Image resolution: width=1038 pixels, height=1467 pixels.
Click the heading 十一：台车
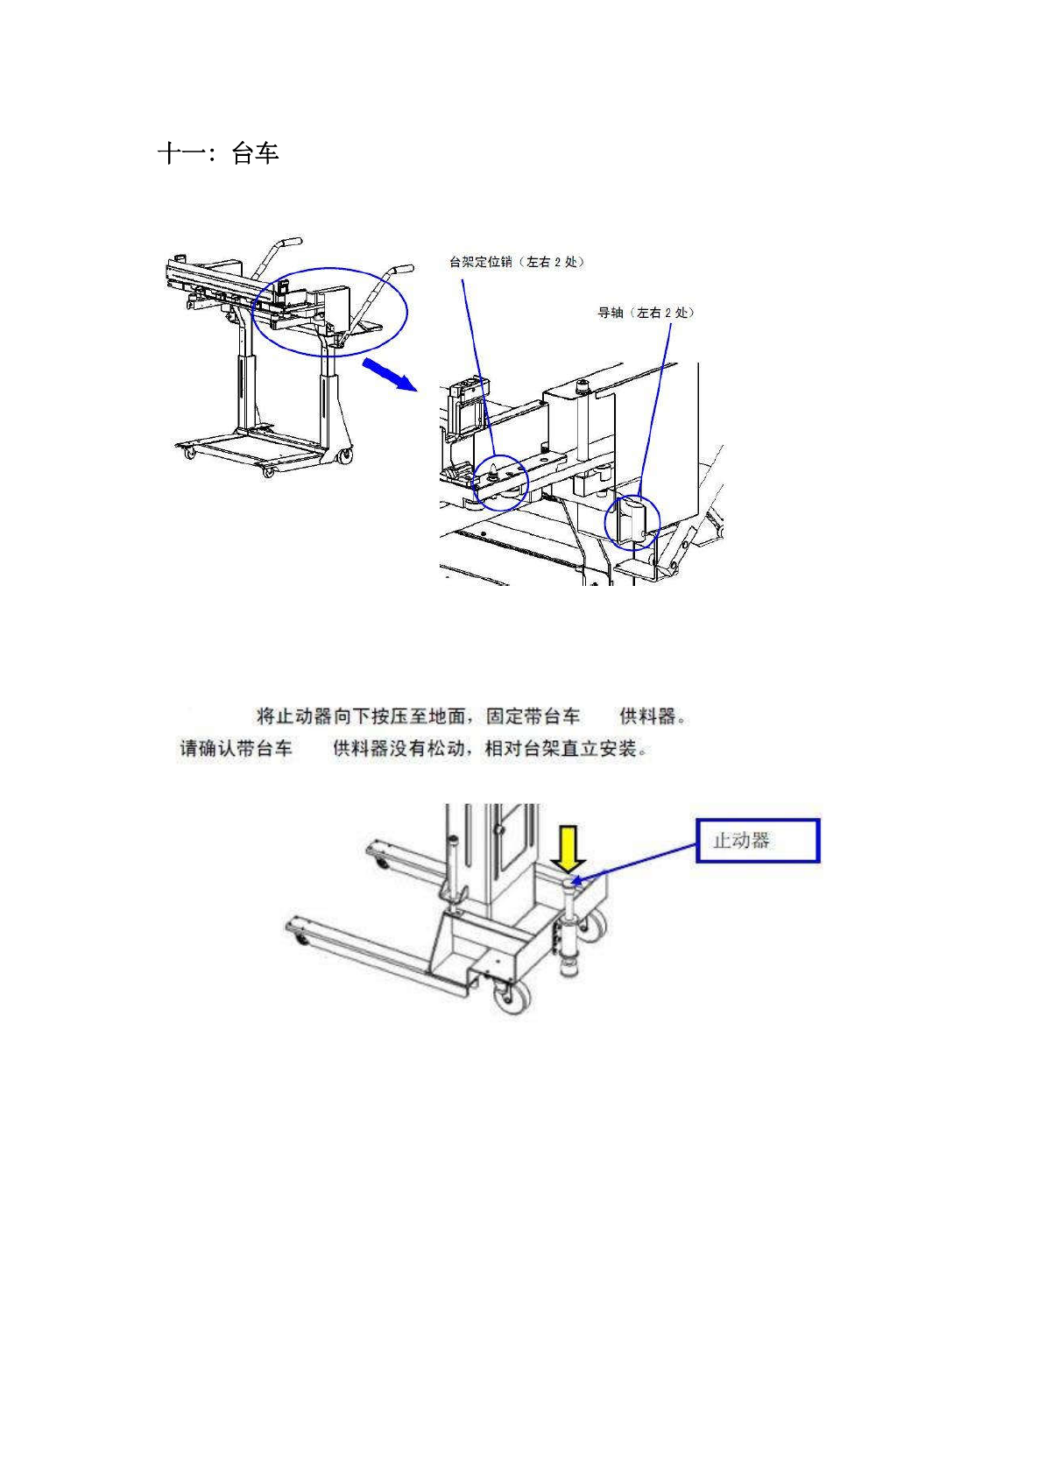(218, 154)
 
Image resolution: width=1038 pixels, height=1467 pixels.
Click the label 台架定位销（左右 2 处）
(516, 262)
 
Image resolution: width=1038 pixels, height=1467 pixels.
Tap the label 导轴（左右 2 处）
(646, 313)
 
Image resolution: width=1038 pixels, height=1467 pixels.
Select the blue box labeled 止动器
(757, 841)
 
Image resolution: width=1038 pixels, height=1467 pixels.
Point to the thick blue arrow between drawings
(387, 374)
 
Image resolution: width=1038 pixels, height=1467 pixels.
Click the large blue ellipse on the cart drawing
(330, 312)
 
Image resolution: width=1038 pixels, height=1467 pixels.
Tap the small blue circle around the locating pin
(499, 482)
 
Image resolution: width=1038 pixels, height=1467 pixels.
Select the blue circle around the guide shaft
(632, 521)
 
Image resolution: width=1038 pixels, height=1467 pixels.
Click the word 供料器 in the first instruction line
(648, 716)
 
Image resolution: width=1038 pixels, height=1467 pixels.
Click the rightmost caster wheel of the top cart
(345, 455)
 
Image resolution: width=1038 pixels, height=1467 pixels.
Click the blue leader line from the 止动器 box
(637, 860)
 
